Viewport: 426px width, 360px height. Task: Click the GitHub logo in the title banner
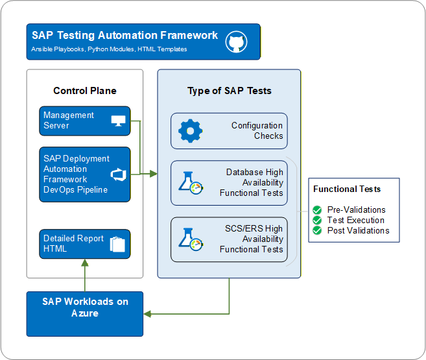coord(237,42)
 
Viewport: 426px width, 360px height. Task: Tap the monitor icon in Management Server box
coord(119,121)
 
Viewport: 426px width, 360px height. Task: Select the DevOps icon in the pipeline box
coord(118,174)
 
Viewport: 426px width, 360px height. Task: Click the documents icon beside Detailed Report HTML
coord(117,245)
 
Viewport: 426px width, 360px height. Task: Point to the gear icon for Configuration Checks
coord(190,131)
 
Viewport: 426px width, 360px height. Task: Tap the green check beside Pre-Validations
coord(318,210)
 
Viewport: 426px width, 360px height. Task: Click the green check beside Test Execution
coord(318,221)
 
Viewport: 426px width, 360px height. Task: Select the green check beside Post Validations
coord(318,230)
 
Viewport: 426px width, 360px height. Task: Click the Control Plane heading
coord(85,91)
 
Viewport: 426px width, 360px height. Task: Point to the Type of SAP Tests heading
coord(230,91)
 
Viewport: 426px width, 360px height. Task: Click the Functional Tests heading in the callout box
coord(347,189)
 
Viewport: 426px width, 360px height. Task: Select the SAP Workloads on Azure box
coord(85,314)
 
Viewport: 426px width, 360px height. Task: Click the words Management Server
coord(69,121)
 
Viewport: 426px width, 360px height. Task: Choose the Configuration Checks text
coord(257,131)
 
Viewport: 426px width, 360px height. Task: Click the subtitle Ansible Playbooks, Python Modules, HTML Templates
coord(109,49)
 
